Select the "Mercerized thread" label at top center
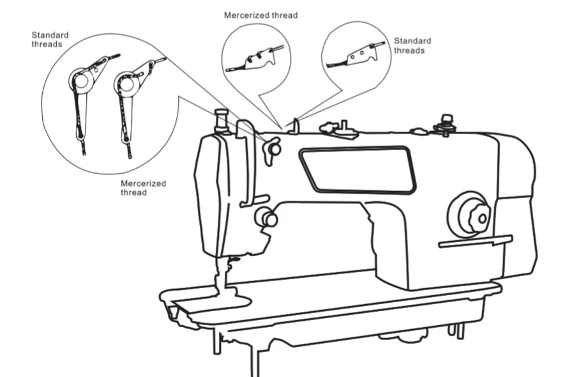click(260, 15)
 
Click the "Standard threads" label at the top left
click(50, 40)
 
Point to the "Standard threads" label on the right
click(412, 45)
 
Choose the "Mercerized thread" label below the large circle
click(143, 188)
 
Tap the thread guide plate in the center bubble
click(256, 59)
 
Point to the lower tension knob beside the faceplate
click(266, 218)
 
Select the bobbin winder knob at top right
click(445, 123)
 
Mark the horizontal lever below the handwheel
click(475, 242)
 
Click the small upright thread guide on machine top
click(295, 127)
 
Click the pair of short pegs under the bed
click(455, 330)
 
